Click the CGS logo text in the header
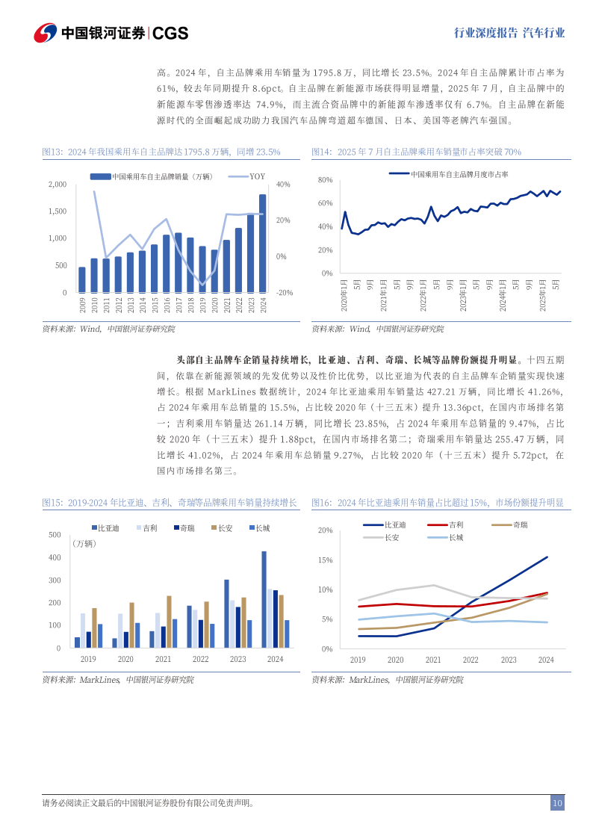tap(170, 33)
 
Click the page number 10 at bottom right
tap(557, 803)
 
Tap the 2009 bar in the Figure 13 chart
tap(82, 280)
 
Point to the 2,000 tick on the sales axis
tap(57, 185)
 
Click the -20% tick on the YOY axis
tap(284, 293)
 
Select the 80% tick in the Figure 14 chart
tap(324, 180)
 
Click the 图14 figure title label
tap(320, 152)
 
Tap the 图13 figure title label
tap(52, 152)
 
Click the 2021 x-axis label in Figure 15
tap(163, 659)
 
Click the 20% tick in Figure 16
tap(324, 530)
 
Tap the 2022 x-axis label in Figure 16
tap(471, 660)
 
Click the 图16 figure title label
tap(320, 503)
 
